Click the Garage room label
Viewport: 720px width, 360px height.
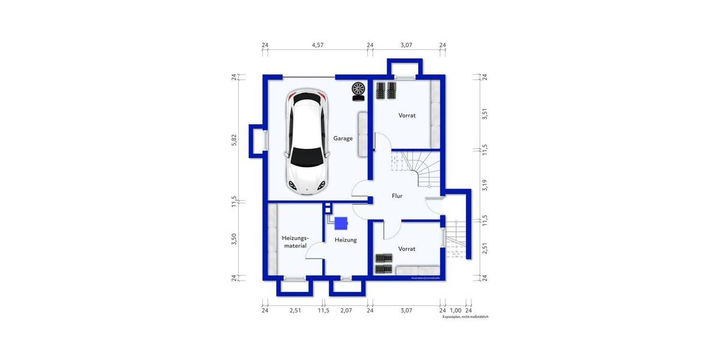click(x=343, y=139)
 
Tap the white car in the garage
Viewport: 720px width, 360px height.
click(x=308, y=142)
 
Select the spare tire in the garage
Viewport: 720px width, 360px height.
click(x=358, y=90)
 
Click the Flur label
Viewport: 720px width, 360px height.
click(x=397, y=196)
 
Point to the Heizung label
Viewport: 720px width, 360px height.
click(x=346, y=240)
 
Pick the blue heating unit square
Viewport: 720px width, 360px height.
click(x=341, y=223)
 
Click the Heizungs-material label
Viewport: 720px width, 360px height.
click(x=295, y=242)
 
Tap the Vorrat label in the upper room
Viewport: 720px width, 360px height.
click(x=407, y=115)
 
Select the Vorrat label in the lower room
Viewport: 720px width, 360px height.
click(x=407, y=248)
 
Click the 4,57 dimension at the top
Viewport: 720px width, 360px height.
click(x=317, y=45)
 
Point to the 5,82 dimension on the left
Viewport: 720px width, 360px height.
click(x=235, y=139)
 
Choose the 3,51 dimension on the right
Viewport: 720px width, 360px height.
click(x=485, y=114)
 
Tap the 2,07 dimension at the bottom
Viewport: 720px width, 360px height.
click(x=346, y=310)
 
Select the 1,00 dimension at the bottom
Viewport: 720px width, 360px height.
click(x=455, y=310)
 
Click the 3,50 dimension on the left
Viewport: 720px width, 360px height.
click(x=235, y=239)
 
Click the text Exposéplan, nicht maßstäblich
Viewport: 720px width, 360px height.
click(x=466, y=317)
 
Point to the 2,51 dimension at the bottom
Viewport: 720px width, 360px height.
click(x=295, y=310)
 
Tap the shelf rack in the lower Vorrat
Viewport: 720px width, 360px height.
click(x=384, y=263)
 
